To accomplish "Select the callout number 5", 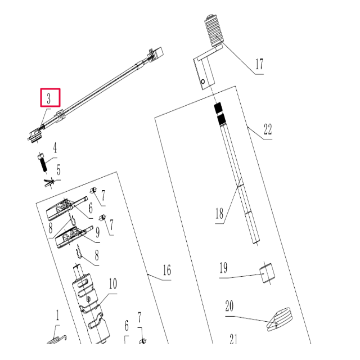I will point(58,169).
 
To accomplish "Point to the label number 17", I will point(259,64).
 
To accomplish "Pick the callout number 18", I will point(219,214).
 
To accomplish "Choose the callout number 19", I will point(223,268).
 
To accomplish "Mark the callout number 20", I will point(229,307).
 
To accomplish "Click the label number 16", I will point(166,271).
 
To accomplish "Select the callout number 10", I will point(112,283).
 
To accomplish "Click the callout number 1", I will point(57,316).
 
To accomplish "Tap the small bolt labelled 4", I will point(42,161).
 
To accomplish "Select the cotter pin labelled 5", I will point(49,181).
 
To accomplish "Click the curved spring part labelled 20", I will point(280,318).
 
